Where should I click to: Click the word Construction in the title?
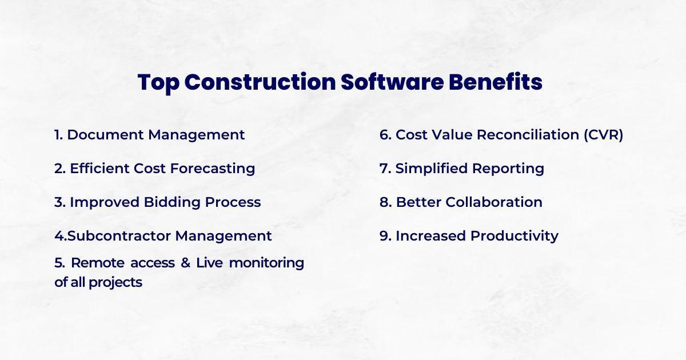[260, 83]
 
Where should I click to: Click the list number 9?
[384, 235]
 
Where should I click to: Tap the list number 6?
[384, 135]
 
